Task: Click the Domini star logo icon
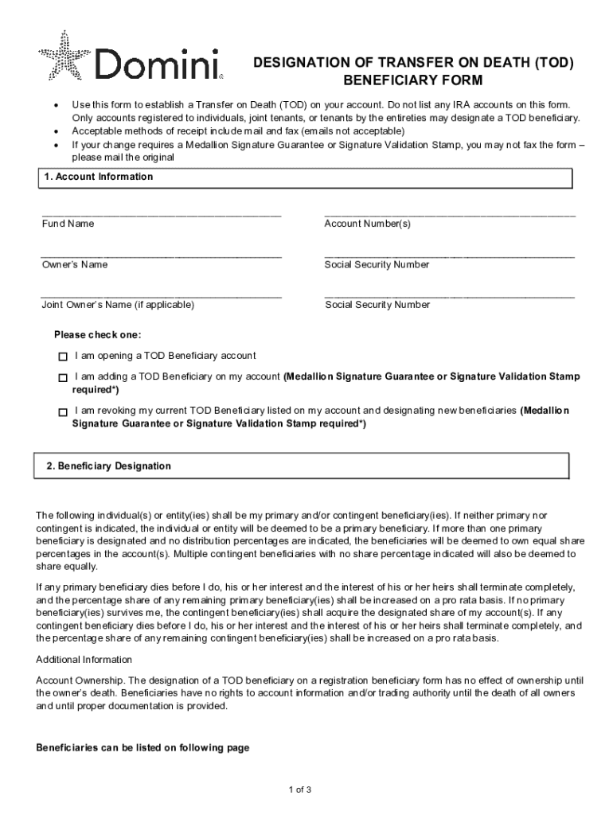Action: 64,55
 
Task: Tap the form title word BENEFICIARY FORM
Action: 412,81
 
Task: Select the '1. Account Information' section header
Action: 99,177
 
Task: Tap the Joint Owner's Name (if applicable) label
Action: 118,305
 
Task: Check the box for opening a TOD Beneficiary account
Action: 63,356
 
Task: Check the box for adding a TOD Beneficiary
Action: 63,377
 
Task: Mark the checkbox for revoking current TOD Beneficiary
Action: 63,411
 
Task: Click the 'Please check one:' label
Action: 97,335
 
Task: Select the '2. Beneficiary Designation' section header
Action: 108,466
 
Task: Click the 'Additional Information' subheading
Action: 84,660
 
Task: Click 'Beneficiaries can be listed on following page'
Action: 143,748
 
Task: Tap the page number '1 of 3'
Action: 299,790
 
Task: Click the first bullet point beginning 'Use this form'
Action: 318,105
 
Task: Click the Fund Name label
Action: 68,224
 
